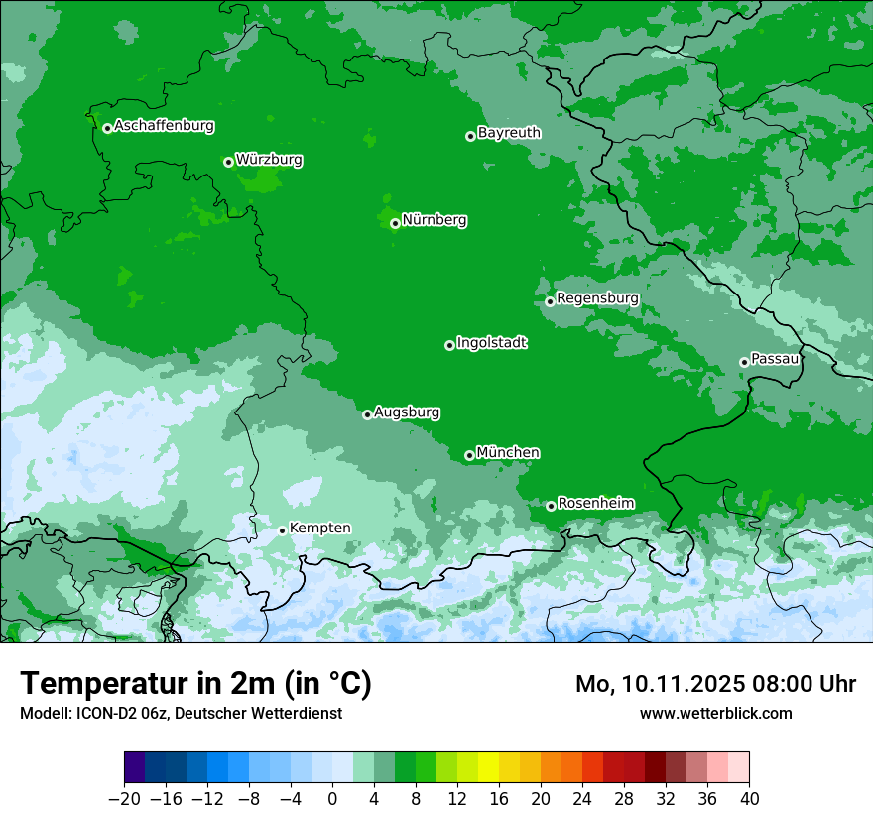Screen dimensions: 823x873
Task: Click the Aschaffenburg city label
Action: [x=164, y=126]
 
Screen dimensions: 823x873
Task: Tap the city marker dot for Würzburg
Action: [x=228, y=162]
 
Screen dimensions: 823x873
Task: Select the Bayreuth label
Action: [x=509, y=132]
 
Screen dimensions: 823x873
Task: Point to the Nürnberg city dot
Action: [x=395, y=223]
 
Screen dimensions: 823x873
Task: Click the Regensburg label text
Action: [x=597, y=297]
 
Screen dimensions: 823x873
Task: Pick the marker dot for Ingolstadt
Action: [x=449, y=345]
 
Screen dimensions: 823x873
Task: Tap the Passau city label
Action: [x=775, y=358]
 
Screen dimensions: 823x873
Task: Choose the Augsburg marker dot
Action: [x=367, y=414]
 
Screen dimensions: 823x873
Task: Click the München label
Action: [x=508, y=452]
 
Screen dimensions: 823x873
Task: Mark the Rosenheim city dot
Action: [x=551, y=506]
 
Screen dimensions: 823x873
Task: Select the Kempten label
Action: [x=319, y=528]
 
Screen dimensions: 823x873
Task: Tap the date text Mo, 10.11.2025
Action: [x=658, y=684]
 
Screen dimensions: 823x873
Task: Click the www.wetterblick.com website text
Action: [x=715, y=713]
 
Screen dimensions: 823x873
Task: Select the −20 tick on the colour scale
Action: [x=124, y=798]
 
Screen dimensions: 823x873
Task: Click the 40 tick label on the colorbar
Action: [x=749, y=798]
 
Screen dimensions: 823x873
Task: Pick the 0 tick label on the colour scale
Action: [x=332, y=798]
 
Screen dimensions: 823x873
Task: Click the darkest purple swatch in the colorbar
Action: [x=134, y=767]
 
